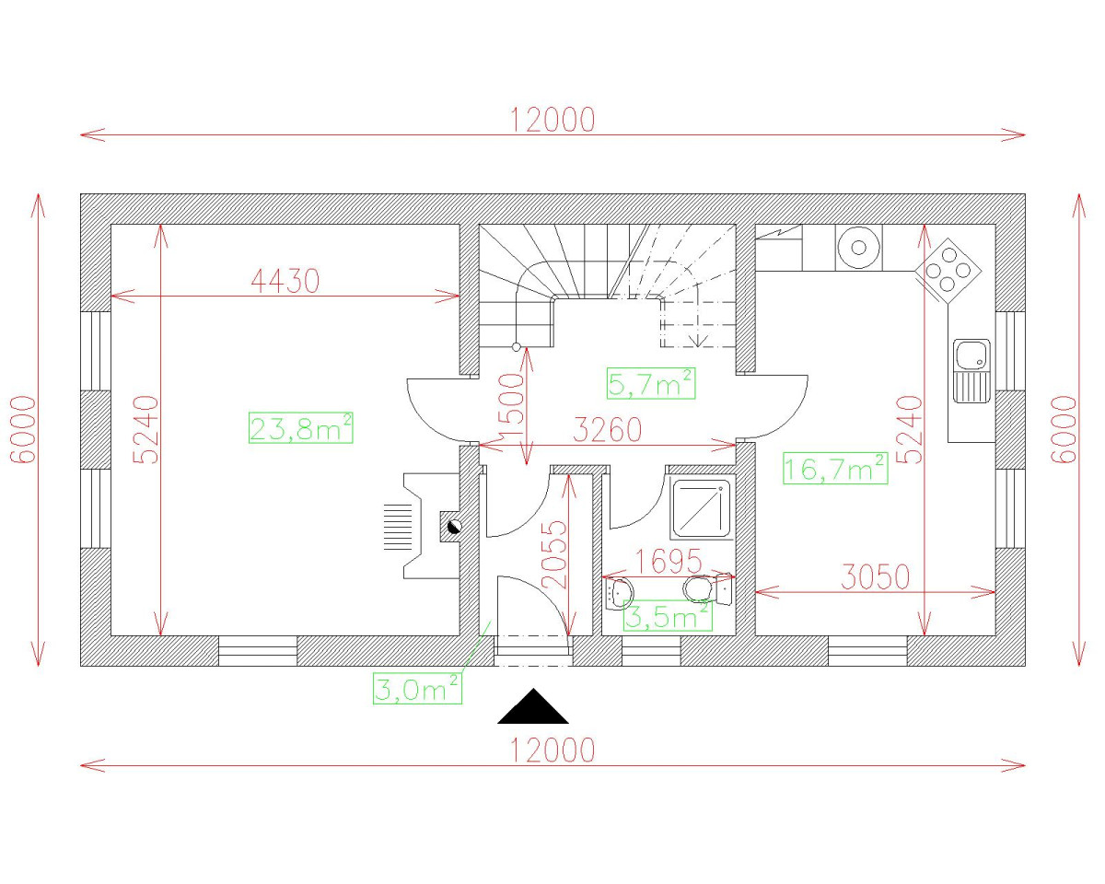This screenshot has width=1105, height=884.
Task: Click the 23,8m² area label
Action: [301, 427]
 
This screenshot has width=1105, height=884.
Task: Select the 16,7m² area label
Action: [835, 468]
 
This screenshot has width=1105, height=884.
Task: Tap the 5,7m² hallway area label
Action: [651, 383]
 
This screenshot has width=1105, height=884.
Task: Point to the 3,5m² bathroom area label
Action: [668, 615]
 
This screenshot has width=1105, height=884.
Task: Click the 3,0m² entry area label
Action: [417, 688]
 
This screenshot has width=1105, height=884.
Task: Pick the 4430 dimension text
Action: [285, 281]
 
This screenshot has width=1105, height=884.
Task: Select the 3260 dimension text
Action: [608, 430]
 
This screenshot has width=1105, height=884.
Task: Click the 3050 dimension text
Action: [876, 576]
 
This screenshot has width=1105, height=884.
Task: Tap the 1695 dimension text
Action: [669, 561]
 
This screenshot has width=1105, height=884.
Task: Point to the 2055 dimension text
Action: [554, 554]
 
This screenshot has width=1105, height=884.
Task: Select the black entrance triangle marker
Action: [533, 707]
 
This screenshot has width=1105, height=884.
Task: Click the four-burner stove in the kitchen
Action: [948, 270]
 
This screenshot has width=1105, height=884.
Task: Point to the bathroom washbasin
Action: [619, 594]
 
